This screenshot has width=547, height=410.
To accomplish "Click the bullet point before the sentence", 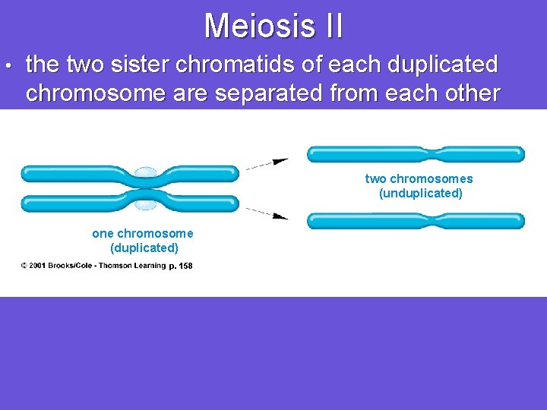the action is [7, 66].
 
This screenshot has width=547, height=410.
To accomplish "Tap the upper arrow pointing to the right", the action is [267, 162].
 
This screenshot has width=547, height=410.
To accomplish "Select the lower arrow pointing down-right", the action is [267, 213].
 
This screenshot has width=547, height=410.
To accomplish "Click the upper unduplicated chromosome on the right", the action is [415, 154].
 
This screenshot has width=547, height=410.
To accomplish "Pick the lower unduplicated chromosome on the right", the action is [415, 221].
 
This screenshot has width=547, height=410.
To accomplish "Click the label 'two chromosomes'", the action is [419, 179].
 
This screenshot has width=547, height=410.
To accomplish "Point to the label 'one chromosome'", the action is [143, 234].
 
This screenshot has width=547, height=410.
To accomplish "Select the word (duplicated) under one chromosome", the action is [144, 248].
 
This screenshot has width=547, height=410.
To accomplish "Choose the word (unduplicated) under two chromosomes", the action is [420, 194].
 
